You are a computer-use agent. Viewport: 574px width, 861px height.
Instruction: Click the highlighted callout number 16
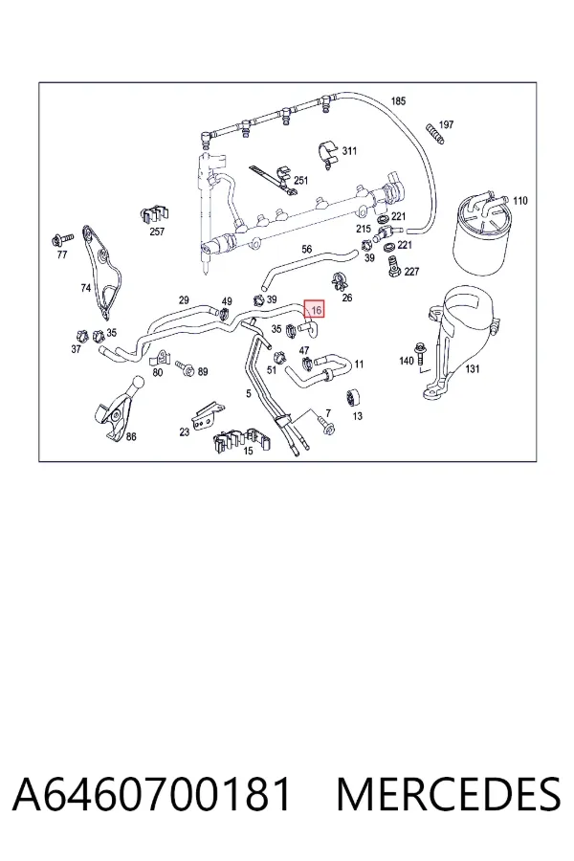pos(316,310)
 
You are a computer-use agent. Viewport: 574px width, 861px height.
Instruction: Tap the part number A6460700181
pos(152,794)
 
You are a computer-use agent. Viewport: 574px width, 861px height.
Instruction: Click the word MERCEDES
pos(449,794)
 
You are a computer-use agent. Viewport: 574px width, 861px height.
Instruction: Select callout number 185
pos(398,101)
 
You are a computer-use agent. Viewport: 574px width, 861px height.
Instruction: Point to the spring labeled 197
pos(433,135)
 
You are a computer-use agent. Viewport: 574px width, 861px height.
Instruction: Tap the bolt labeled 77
pos(60,239)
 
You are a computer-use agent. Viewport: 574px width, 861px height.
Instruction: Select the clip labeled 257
pos(155,214)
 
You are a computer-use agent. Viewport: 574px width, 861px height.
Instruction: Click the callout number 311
pos(349,150)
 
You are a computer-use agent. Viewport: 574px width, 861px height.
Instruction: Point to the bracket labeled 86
pos(118,409)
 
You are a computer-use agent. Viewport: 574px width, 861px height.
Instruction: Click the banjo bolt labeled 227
pos(394,265)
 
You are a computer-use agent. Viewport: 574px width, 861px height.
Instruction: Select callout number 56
pos(306,250)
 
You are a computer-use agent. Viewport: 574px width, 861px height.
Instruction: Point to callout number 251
pos(301,180)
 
